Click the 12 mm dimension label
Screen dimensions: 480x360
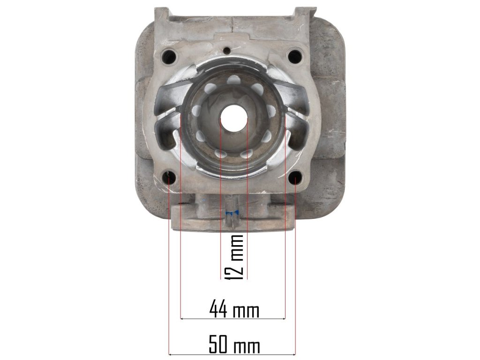[x=234, y=257]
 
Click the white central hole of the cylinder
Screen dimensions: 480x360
[x=234, y=118]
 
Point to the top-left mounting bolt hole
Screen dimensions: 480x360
[x=169, y=56]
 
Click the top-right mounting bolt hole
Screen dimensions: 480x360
[x=294, y=56]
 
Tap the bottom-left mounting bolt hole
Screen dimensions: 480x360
[x=169, y=178]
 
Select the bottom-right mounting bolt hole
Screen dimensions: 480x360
[x=295, y=178]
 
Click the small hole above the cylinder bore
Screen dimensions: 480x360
[x=227, y=51]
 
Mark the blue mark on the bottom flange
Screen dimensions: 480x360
[x=232, y=213]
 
